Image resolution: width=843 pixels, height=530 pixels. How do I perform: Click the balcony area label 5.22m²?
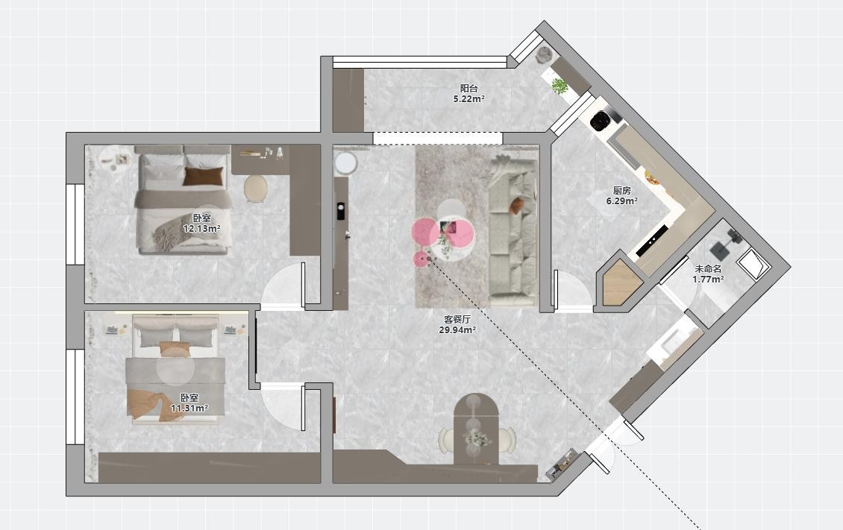coord(468,99)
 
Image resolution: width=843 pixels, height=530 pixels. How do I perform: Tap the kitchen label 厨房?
coord(622,191)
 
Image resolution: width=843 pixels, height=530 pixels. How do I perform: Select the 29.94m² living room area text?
coord(457,329)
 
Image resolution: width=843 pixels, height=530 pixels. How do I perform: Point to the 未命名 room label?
coord(708,269)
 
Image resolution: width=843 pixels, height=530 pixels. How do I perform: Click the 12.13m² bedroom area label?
coord(201,229)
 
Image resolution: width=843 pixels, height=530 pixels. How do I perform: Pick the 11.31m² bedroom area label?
coord(189,408)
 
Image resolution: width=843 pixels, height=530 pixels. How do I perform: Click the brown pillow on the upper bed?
coord(203,177)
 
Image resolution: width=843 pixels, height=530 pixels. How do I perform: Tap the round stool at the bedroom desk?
coord(255,189)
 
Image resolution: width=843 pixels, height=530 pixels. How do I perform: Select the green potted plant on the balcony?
coord(560,86)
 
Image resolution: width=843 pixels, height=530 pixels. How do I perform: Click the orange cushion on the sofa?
coord(517,206)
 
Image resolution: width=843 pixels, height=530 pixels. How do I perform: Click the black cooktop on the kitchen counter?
coord(651,240)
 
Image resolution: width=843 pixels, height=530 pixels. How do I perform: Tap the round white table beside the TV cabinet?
coord(345,163)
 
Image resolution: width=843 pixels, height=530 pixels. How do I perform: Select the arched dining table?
coord(477,429)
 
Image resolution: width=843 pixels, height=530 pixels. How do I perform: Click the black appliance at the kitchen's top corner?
coord(601,120)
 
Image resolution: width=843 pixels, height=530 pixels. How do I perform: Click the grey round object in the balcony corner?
coord(545,54)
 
